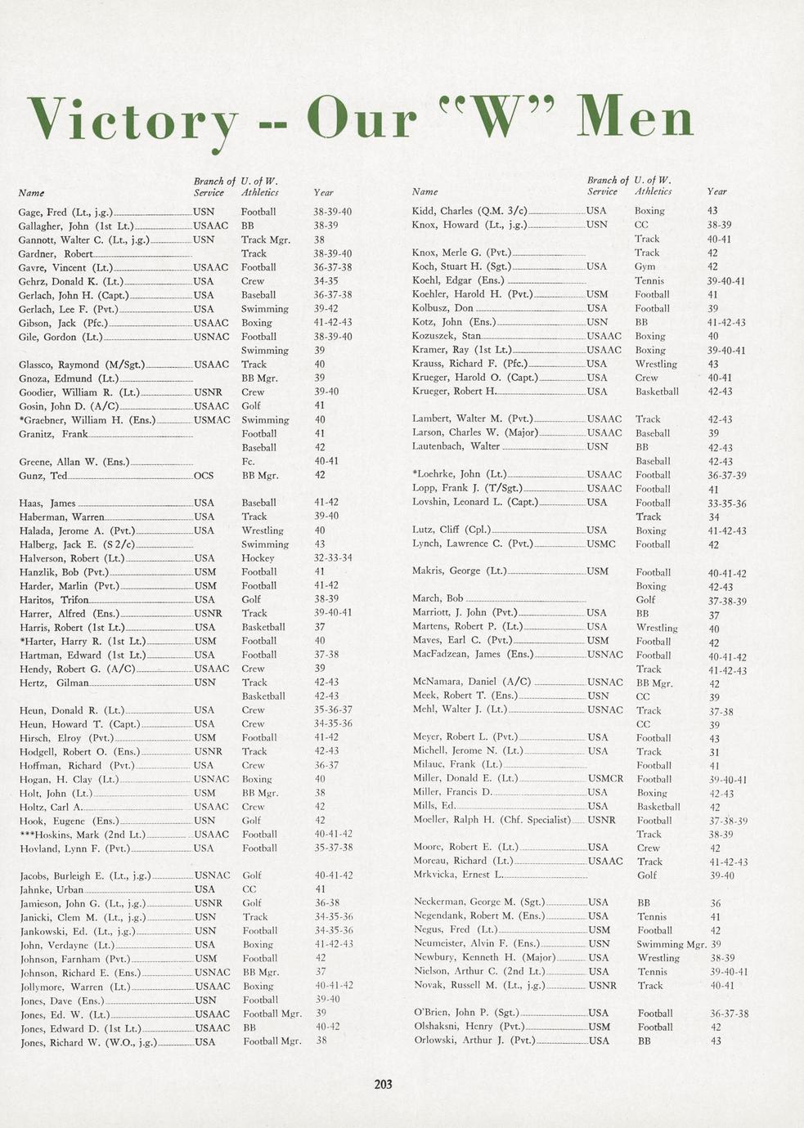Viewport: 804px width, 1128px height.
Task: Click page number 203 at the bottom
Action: click(x=383, y=1084)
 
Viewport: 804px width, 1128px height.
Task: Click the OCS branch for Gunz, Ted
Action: click(x=204, y=475)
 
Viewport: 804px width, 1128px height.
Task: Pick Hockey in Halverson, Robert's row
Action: click(x=258, y=558)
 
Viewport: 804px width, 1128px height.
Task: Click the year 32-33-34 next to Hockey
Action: click(x=333, y=558)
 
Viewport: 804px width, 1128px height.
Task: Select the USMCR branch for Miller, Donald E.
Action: click(x=606, y=779)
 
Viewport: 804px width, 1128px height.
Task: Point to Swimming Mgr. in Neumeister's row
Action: click(x=671, y=944)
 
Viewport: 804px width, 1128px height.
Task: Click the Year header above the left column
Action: click(x=323, y=193)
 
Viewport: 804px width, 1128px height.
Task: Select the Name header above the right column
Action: click(x=424, y=192)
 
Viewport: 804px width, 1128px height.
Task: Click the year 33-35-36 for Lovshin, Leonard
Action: click(x=726, y=504)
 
